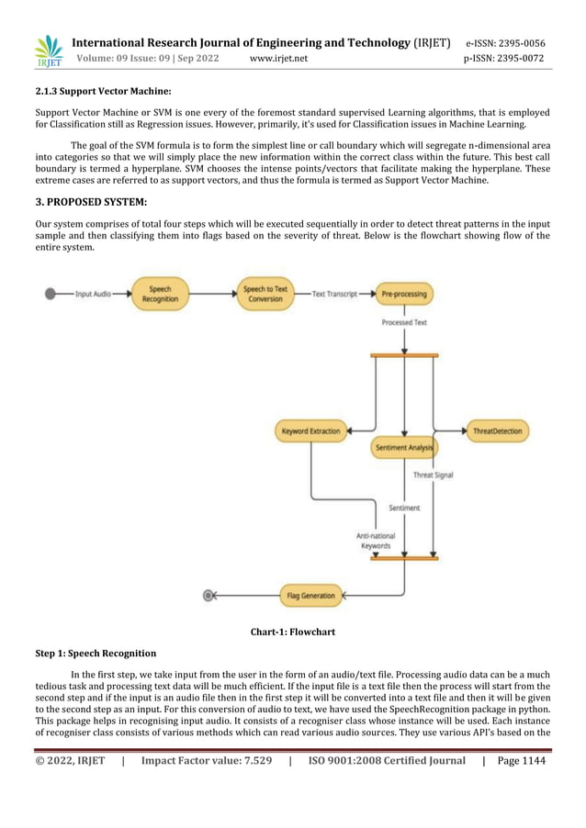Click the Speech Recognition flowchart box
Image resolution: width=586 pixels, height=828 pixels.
pyautogui.click(x=160, y=294)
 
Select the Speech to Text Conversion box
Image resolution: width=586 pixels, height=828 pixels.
pyautogui.click(x=265, y=294)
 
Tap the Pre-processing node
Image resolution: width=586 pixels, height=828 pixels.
pyautogui.click(x=404, y=294)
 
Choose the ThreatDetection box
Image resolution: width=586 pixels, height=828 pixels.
pyautogui.click(x=496, y=431)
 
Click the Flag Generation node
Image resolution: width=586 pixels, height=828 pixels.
pyautogui.click(x=310, y=596)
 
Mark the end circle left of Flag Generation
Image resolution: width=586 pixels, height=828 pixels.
pyautogui.click(x=208, y=596)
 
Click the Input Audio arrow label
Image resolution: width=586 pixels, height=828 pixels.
pyautogui.click(x=93, y=294)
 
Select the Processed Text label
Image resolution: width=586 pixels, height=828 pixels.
pyautogui.click(x=404, y=323)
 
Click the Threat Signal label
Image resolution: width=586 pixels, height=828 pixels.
pyautogui.click(x=433, y=476)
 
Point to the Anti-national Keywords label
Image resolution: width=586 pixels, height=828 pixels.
pyautogui.click(x=374, y=541)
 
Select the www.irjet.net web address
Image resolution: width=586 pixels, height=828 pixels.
pyautogui.click(x=279, y=59)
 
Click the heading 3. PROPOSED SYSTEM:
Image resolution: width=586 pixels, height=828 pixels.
pyautogui.click(x=90, y=204)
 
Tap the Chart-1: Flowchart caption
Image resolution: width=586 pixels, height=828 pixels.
pyautogui.click(x=292, y=632)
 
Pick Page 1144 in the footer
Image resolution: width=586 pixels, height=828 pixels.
pyautogui.click(x=521, y=760)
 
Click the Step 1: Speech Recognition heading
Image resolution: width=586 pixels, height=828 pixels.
pyautogui.click(x=96, y=654)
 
